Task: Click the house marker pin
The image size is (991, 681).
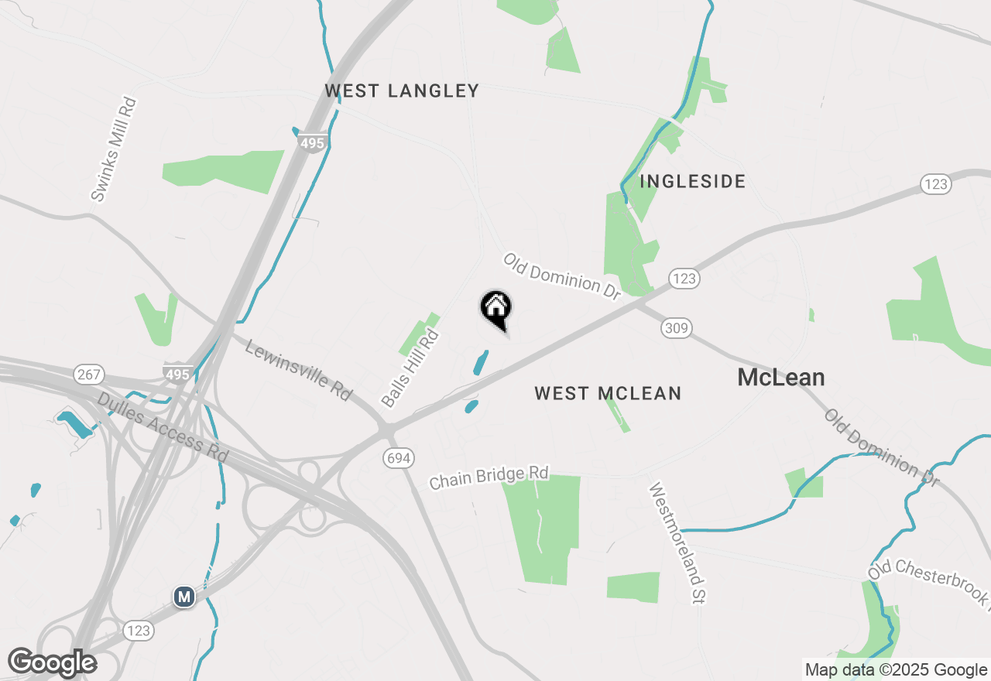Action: pos(495,308)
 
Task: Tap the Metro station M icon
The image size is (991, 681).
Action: pos(183,597)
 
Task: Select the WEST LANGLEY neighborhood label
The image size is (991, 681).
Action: pos(402,91)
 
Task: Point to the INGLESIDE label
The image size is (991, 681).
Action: pos(692,182)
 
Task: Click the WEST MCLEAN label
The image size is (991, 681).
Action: pos(608,393)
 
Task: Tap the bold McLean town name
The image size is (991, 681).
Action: pos(780,378)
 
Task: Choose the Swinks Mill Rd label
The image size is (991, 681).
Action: pos(113,149)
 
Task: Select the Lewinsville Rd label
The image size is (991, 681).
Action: pos(298,370)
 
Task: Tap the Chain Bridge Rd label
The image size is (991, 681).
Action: pos(489,477)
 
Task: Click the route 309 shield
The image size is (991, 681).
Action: pos(676,329)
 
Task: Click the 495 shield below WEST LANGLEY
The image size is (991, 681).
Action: pos(312,143)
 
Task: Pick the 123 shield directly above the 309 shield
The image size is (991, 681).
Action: pos(684,279)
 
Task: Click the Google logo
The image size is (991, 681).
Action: pos(52,662)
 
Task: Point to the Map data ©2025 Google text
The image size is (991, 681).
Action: pos(896,670)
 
